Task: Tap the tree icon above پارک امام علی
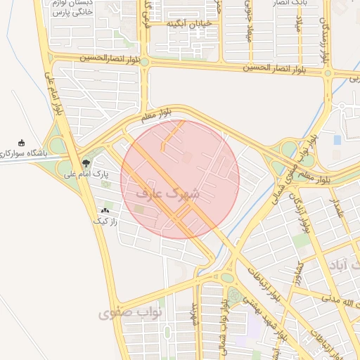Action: click(x=86, y=162)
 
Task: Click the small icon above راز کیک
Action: click(x=106, y=210)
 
